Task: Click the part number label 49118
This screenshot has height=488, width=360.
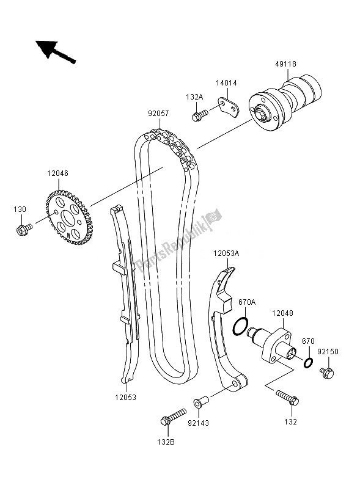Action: [x=285, y=64]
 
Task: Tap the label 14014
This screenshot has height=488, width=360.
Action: [x=226, y=83]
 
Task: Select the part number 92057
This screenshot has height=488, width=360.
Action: [x=158, y=114]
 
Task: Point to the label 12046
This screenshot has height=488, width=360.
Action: [x=57, y=173]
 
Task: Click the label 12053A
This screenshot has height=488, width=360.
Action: [x=226, y=253]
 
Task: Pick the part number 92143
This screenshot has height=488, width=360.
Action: [x=198, y=423]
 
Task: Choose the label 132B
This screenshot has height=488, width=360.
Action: [x=166, y=442]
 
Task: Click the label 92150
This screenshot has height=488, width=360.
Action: [x=328, y=352]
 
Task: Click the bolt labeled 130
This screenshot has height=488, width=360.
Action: [x=24, y=230]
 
